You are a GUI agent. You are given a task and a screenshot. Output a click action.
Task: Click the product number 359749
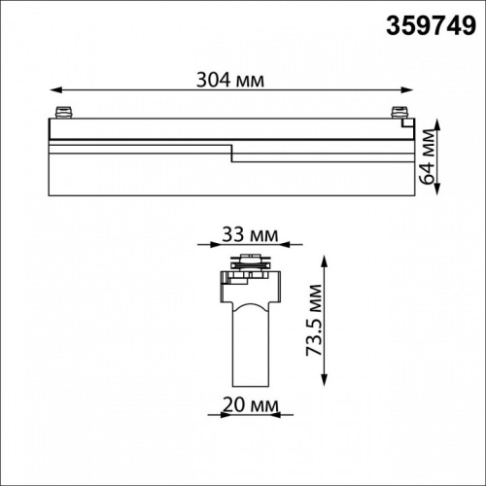pos(431,26)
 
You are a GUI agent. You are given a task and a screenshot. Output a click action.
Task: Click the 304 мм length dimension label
pos(230,80)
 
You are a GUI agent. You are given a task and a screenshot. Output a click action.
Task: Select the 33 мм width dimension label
pos(250,235)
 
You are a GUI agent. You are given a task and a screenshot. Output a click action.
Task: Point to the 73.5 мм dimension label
pos(314,320)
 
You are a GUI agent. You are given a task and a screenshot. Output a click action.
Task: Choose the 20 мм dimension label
pos(251,405)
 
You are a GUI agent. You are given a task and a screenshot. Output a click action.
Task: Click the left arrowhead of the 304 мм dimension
pos(55,89)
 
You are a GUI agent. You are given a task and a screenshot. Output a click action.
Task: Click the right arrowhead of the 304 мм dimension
pos(407,89)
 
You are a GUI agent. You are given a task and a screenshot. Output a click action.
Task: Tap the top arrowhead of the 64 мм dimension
pos(437,125)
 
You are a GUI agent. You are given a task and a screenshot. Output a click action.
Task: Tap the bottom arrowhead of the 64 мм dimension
pos(437,189)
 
